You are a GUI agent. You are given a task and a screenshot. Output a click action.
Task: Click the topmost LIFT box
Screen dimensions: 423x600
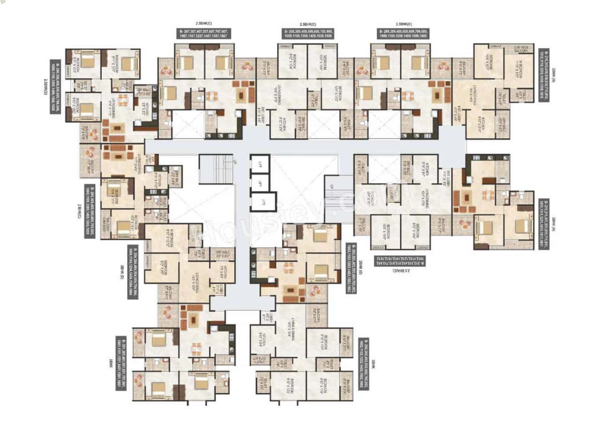260,164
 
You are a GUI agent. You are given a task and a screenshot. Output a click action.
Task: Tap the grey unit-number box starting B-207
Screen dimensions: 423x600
203,34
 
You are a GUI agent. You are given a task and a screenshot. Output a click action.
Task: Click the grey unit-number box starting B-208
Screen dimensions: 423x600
307,34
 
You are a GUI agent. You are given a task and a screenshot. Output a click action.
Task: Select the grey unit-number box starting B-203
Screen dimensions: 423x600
350,268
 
